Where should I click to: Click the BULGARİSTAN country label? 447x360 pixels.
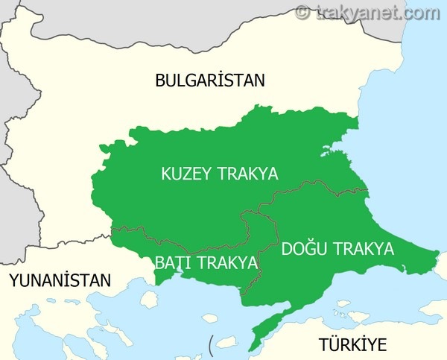tap(210, 80)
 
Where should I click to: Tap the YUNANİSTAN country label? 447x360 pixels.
tap(59, 281)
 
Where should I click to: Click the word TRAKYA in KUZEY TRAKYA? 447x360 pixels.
tap(247, 174)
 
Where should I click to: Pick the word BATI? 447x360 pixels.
tap(171, 263)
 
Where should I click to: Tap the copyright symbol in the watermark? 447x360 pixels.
tap(302, 12)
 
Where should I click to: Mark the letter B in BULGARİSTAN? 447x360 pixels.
tap(160, 80)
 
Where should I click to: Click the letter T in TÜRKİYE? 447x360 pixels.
tap(324, 344)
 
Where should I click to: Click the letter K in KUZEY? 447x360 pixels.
tap(166, 174)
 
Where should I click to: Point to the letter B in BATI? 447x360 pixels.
tap(159, 263)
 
